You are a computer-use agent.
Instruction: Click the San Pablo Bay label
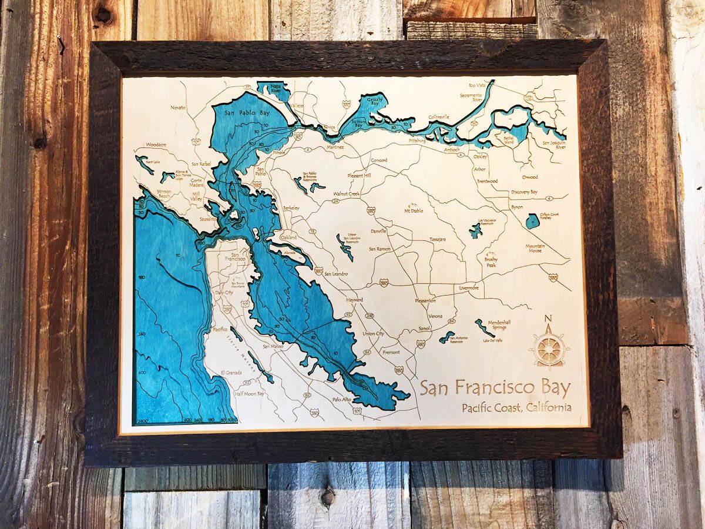(x=243, y=112)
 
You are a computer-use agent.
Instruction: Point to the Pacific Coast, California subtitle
(x=516, y=407)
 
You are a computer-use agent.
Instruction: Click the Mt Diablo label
(x=414, y=210)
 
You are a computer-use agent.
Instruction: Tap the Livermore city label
(x=469, y=288)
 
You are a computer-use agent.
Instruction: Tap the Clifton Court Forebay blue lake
(x=532, y=221)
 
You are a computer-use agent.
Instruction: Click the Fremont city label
(x=391, y=352)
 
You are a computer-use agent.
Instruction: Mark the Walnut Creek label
(x=346, y=193)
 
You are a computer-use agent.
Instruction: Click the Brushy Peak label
(x=491, y=262)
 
